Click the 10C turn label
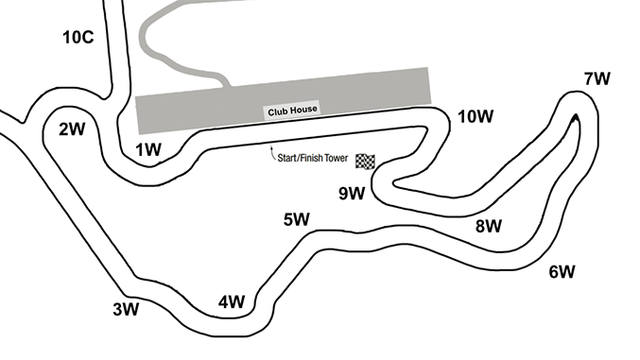pos(78,37)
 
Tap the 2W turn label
pos(72,129)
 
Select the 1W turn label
pos(148,150)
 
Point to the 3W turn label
pos(126,309)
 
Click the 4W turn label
pos(232,302)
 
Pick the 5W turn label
pos(297,219)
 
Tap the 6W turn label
pos(562,271)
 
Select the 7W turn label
pos(597,78)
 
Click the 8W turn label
pos(489,226)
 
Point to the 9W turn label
pos(352,193)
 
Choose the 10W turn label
pos(476,117)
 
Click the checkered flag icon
pos(365,162)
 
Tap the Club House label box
pos(292,111)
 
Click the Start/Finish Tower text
pos(313,158)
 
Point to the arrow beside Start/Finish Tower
pos(272,152)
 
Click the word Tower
pos(337,158)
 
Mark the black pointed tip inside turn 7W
pos(576,118)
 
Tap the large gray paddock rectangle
pos(284,101)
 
